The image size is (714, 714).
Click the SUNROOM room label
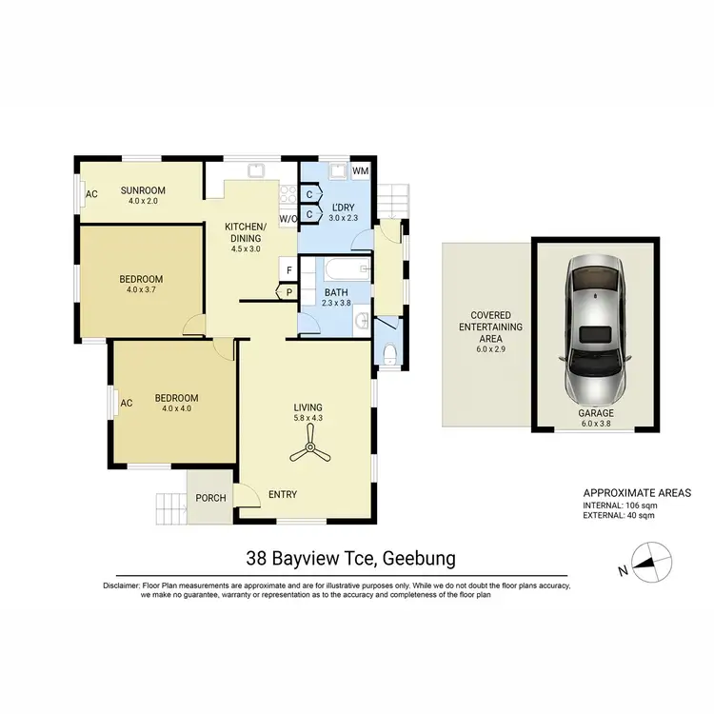144,189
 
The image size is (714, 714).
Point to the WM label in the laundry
360,171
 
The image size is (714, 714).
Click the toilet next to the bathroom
389,355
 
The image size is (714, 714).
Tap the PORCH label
210,497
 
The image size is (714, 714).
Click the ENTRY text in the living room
283,494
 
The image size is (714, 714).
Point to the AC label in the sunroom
92,194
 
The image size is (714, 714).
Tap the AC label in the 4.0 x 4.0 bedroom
126,403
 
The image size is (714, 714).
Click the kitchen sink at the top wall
254,171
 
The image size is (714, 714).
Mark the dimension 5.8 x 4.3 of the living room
309,417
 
